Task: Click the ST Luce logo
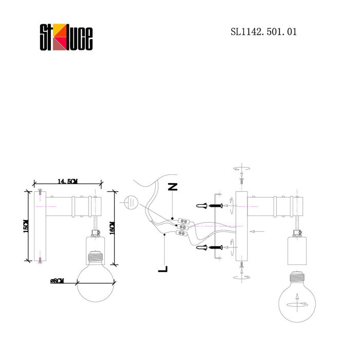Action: point(66,38)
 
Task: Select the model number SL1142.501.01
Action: point(264,32)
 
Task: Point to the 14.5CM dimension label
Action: point(67,182)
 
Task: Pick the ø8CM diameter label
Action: point(57,280)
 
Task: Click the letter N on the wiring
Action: point(173,187)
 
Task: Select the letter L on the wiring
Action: point(163,268)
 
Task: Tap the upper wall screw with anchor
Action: point(211,206)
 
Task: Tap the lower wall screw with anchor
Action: point(211,248)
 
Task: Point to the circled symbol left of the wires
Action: point(131,202)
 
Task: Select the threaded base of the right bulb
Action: point(296,280)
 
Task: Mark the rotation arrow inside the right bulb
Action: point(297,300)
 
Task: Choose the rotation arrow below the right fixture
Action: point(241,277)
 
